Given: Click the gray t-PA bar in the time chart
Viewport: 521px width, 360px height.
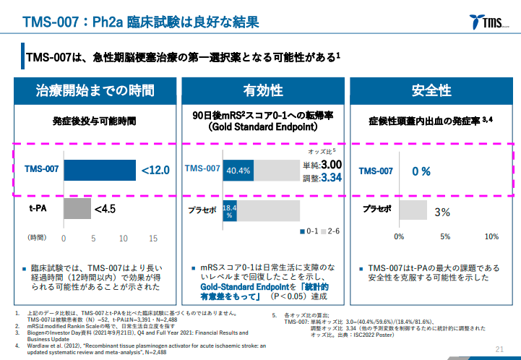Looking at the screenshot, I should (x=77, y=210).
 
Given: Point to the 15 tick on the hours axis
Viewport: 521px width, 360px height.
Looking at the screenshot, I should (x=153, y=238).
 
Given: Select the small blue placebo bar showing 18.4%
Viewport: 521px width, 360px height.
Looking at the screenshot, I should (x=229, y=210).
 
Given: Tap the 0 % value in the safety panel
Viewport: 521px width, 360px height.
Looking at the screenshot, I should (x=421, y=171).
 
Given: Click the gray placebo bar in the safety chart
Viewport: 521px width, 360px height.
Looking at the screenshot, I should (x=412, y=210).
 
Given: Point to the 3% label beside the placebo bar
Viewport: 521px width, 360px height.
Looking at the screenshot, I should (x=443, y=212).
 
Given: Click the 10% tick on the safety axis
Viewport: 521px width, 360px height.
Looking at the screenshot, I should (x=491, y=236).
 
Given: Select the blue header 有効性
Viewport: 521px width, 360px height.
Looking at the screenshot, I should (x=263, y=90).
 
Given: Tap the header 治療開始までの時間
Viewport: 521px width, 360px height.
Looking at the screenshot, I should (x=95, y=90).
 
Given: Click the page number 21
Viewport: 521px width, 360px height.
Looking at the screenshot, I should (x=499, y=349).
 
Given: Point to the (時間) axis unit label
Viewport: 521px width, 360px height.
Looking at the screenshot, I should (x=37, y=238).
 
